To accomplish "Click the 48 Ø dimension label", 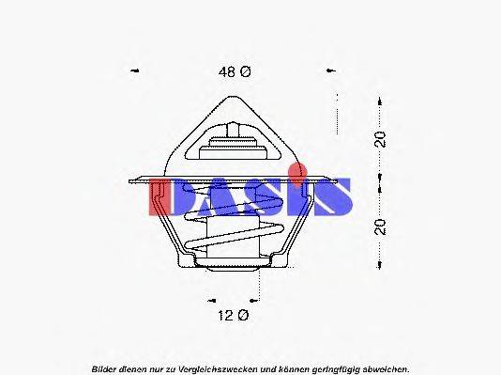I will (235, 72).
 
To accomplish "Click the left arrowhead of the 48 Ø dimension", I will (136, 71).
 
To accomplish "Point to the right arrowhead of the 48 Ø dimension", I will (331, 71).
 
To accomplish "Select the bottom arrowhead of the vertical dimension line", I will (379, 265).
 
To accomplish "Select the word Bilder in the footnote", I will (105, 367).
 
